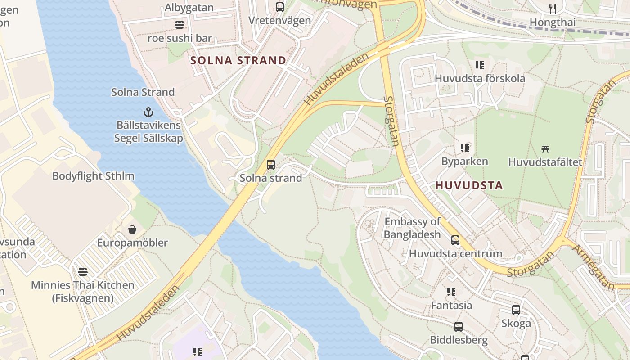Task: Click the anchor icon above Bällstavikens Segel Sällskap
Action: click(148, 112)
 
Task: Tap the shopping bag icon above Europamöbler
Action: click(132, 229)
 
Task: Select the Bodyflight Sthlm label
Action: click(93, 176)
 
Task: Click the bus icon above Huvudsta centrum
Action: click(455, 240)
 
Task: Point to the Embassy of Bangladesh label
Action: click(412, 228)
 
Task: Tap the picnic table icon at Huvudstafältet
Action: click(545, 148)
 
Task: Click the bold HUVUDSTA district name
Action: click(469, 185)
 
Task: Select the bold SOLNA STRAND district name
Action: click(238, 61)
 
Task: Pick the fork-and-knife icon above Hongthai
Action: click(553, 9)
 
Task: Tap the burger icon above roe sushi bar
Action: click(180, 25)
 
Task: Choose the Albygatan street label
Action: click(189, 7)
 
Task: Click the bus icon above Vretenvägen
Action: click(280, 7)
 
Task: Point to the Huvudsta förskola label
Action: click(480, 78)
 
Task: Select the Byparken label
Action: click(464, 162)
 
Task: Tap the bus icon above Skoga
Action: click(516, 310)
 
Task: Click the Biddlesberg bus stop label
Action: click(459, 340)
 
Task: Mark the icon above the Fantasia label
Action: click(451, 292)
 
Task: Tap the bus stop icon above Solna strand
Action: click(270, 165)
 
